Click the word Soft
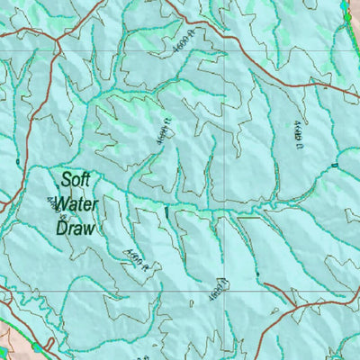point(79,178)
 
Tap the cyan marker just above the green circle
point(346,4)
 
